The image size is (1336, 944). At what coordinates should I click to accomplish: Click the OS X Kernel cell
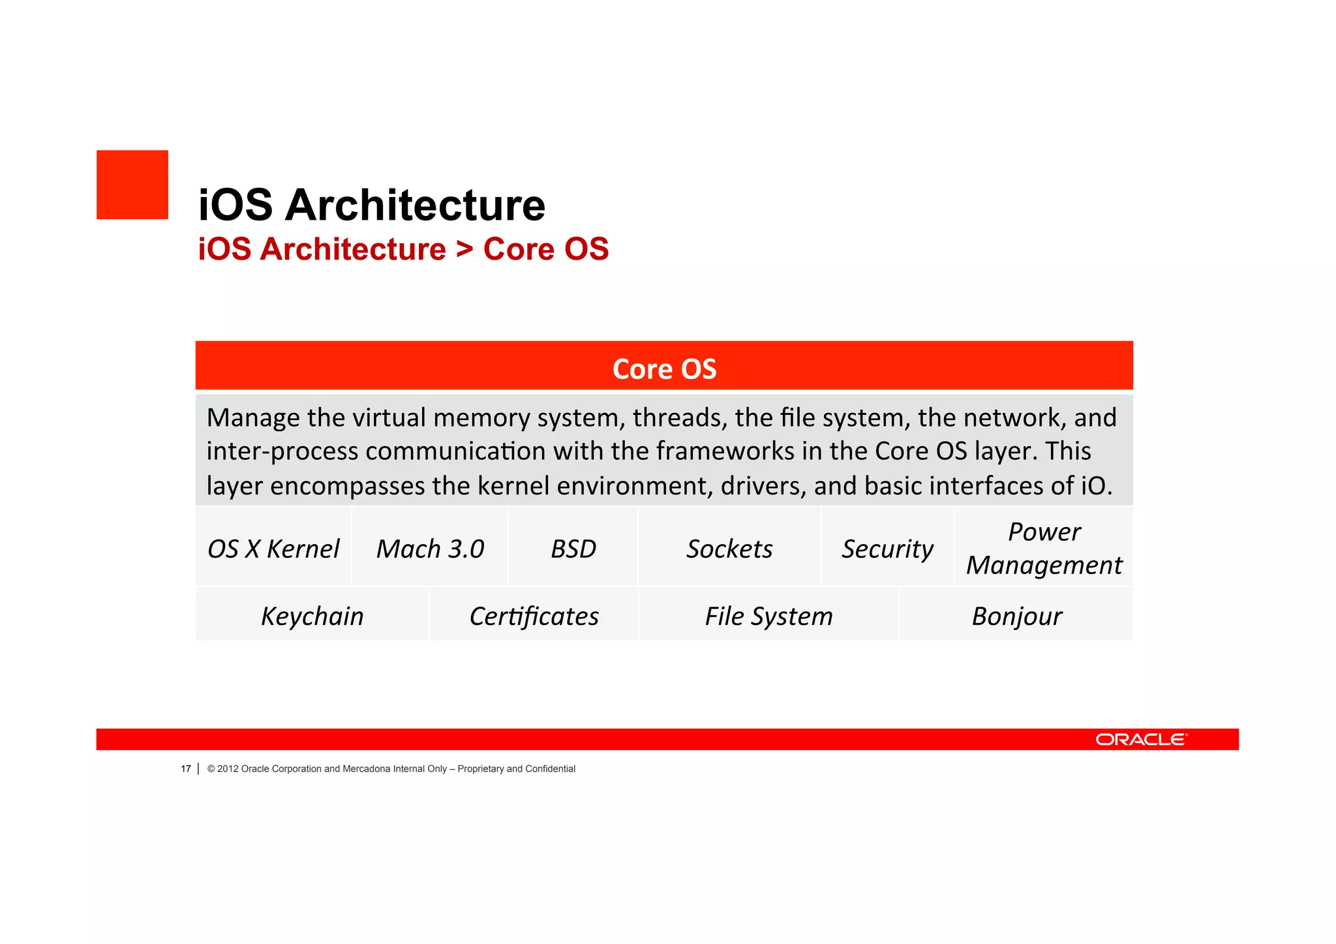pos(273,549)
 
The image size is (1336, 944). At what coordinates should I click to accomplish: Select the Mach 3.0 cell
pos(430,549)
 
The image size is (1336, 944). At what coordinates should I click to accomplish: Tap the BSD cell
pos(573,549)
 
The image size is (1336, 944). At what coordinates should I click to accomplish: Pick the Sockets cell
pos(729,549)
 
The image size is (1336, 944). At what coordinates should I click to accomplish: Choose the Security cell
pos(887,549)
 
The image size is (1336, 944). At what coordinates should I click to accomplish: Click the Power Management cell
pos(1044,548)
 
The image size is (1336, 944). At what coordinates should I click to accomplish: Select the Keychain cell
pos(312,616)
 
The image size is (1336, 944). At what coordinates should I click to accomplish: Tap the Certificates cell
pos(534,616)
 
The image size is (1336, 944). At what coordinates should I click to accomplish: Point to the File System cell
pos(768,616)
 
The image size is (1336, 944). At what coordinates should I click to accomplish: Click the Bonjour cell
pos(1016,616)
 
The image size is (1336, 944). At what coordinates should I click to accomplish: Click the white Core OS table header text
pos(664,369)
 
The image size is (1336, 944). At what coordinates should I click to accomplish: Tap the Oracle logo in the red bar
pos(1141,739)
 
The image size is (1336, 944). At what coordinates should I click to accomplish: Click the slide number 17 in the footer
pos(186,769)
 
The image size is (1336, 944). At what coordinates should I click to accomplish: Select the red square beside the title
pos(132,185)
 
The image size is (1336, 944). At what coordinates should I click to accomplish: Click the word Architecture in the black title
pos(415,205)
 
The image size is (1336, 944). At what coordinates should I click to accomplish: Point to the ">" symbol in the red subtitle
pos(464,249)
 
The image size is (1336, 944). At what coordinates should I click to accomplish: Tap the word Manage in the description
pos(254,418)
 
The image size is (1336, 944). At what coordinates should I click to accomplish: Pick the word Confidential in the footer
pos(550,769)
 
